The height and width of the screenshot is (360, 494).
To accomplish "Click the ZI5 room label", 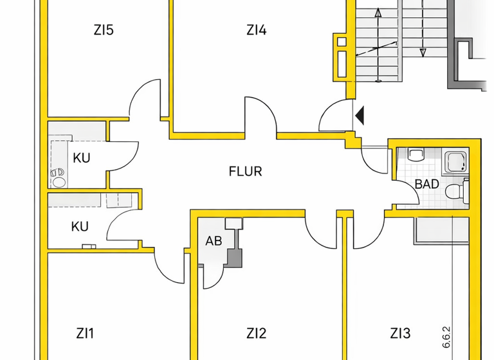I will (103, 30).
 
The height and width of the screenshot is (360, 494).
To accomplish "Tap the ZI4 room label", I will (256, 30).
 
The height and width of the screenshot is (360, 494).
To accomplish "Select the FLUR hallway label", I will (246, 172).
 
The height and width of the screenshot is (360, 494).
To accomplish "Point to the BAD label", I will (426, 184).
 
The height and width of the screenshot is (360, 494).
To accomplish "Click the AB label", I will (214, 242).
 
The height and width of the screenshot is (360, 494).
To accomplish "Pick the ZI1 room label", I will (85, 333).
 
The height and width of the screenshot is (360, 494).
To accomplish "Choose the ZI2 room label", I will (256, 333).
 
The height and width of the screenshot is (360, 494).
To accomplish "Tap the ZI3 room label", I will (400, 333).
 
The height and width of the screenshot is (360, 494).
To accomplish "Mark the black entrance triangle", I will (360, 116).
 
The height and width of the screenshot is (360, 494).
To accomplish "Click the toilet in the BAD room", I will (456, 191).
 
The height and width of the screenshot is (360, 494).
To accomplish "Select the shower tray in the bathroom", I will (459, 161).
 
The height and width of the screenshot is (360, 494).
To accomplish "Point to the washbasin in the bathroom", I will (416, 154).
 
